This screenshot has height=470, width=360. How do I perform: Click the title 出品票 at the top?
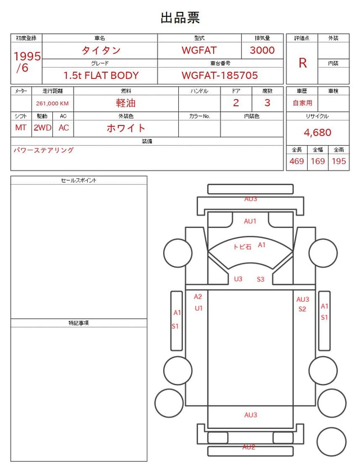tap(180, 17)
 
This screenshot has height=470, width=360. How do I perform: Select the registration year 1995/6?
tap(27, 62)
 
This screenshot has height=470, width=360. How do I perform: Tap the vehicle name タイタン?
tap(101, 50)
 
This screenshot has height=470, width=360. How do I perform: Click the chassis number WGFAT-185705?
tap(219, 75)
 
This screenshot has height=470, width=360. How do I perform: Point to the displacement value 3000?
tap(262, 50)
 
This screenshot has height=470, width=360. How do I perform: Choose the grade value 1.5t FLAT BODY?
tap(101, 75)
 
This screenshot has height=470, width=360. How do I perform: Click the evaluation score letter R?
tap(303, 63)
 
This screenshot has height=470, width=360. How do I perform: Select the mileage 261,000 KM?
tap(52, 104)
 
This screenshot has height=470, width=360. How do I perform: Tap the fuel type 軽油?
tap(126, 103)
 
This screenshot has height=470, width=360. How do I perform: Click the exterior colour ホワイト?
tap(126, 128)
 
